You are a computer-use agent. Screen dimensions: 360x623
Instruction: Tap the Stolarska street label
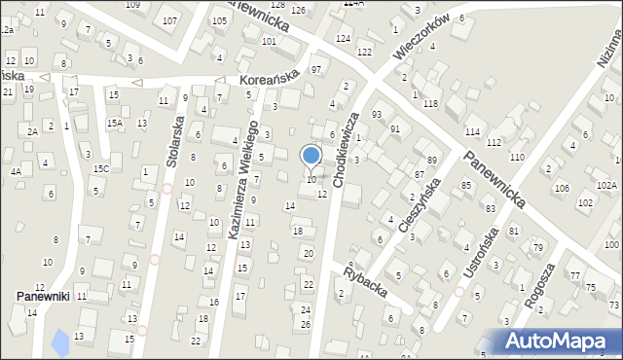[173, 143]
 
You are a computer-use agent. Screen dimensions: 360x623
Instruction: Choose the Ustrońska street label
[484, 252]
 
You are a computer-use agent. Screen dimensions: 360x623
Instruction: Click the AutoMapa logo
[561, 342]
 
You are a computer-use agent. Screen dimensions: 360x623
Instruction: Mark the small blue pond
[60, 342]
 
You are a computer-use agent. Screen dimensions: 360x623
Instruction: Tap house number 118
[430, 103]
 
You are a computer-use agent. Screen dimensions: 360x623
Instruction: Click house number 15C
[100, 168]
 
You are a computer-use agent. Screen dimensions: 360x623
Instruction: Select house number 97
[316, 70]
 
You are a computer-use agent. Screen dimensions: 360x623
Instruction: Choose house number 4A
[16, 171]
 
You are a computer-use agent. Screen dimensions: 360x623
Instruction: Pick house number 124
[343, 38]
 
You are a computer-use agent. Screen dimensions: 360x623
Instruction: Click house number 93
[377, 115]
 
